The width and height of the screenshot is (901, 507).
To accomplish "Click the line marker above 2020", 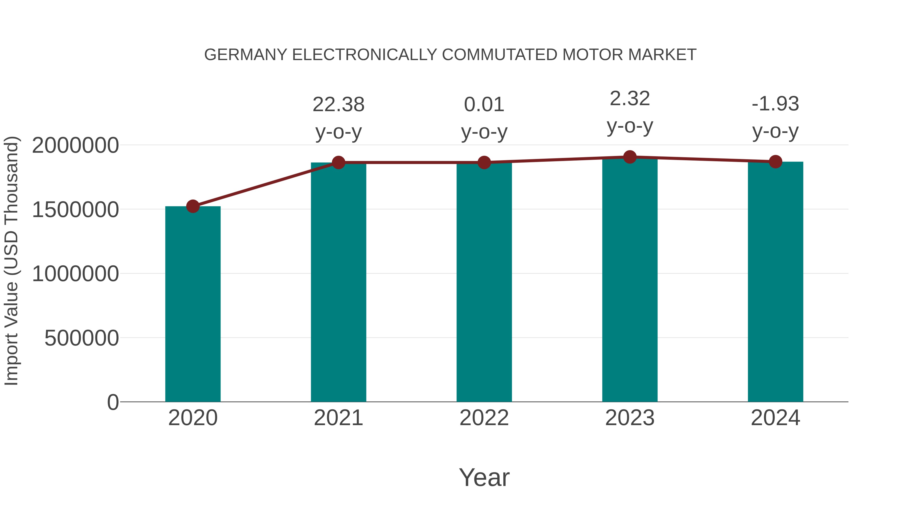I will tap(193, 207).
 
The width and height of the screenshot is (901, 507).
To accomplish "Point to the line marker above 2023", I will tap(630, 157).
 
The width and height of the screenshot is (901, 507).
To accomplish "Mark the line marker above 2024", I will tap(775, 162).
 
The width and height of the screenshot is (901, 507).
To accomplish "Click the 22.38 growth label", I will tap(338, 105).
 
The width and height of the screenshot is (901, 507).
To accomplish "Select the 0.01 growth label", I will tap(484, 105).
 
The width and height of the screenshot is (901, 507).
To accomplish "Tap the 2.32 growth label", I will tap(630, 99).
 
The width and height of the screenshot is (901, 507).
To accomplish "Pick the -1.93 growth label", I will tap(775, 104).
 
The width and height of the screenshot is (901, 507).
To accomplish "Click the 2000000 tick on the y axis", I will tap(75, 145).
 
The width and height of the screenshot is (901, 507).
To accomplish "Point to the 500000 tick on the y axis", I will tap(82, 338).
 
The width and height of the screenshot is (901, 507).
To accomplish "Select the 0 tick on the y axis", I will tap(113, 402).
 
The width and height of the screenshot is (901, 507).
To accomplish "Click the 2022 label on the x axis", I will tap(484, 418).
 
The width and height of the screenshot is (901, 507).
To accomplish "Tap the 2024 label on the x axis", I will tap(775, 418).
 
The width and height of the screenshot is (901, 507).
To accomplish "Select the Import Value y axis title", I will tap(11, 261).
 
